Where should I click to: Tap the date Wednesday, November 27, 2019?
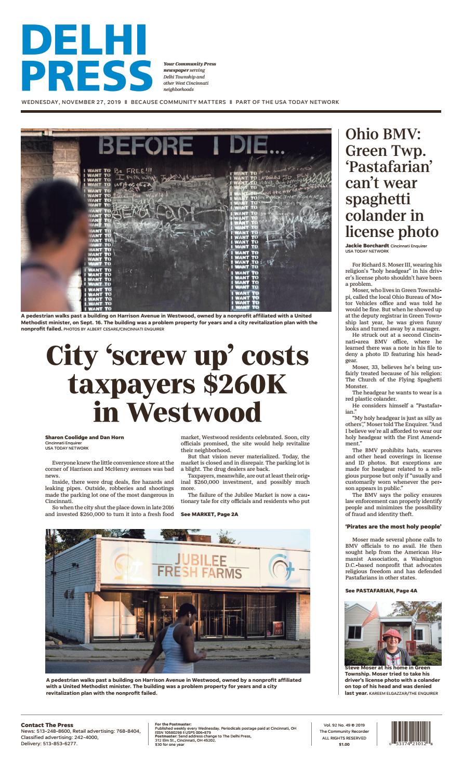[71, 102]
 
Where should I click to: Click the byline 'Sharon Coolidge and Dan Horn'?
[85, 438]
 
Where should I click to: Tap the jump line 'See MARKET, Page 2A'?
[209, 514]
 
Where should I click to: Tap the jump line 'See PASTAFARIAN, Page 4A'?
[381, 590]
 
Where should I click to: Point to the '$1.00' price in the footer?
[344, 744]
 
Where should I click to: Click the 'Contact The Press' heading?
[47, 725]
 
